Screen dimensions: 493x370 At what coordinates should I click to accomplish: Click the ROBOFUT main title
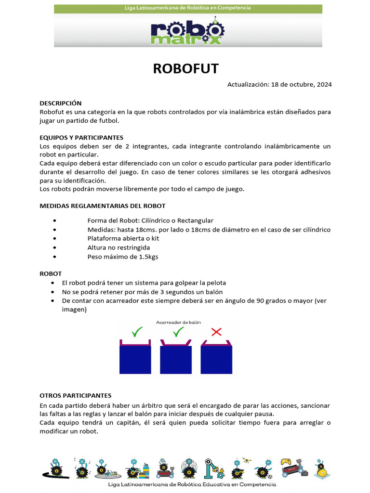[185, 68]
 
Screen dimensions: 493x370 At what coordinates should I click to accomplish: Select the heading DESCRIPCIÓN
[60, 103]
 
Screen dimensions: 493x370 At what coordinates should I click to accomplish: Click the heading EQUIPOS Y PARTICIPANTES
[81, 137]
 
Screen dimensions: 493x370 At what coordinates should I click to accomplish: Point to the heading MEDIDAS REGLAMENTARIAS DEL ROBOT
[102, 206]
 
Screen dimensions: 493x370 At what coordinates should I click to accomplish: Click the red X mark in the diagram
[217, 332]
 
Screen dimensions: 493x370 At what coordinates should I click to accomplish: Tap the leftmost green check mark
[137, 332]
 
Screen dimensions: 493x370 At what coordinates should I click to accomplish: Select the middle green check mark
[178, 332]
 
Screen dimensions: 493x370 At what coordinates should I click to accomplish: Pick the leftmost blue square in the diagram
[135, 360]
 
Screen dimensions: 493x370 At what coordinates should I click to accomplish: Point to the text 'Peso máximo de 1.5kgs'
[122, 257]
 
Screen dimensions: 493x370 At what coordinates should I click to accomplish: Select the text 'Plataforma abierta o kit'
[123, 238]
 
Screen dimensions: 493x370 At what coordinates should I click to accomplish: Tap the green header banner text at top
[187, 8]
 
